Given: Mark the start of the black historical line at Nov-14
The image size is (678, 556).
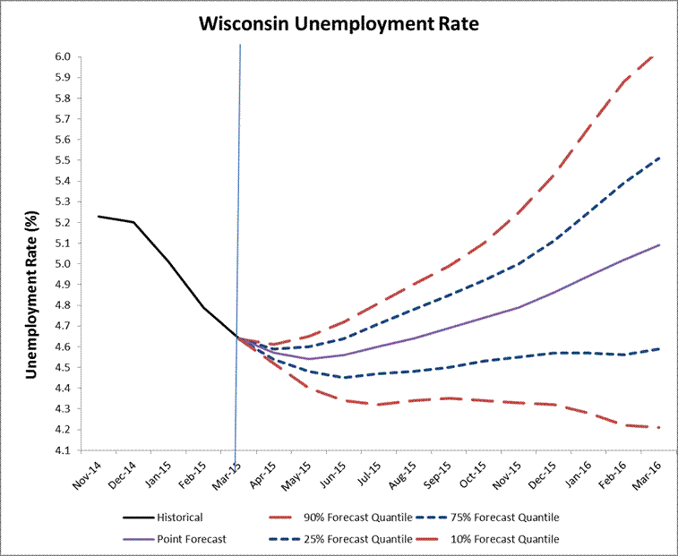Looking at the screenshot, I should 99,216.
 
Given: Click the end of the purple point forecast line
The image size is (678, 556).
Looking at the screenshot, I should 660,244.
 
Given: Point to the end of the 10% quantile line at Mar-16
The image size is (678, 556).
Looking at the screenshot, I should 660,427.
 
